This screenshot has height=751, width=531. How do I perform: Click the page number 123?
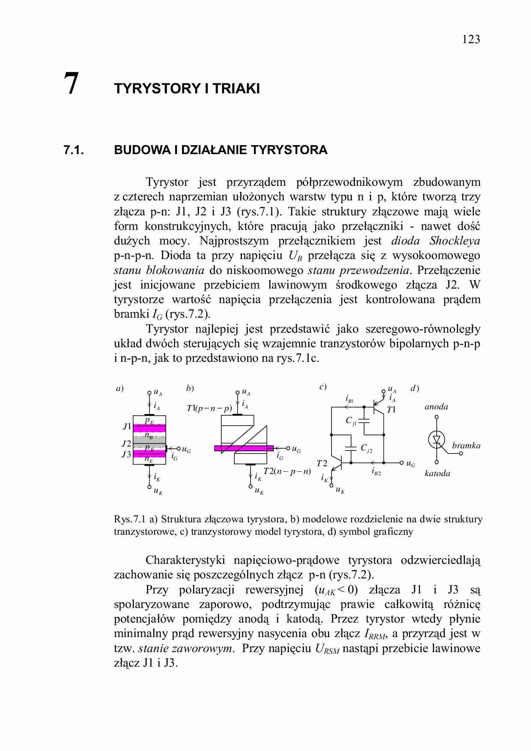471,40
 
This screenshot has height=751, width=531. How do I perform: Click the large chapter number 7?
71,84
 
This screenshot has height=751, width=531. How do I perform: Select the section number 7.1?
73,150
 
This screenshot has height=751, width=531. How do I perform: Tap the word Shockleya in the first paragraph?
454,241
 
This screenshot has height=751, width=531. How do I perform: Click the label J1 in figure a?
127,426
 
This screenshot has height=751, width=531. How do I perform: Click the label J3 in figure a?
126,455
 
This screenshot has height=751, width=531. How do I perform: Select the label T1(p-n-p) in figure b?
209,408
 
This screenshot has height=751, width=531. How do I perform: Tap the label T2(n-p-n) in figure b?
286,471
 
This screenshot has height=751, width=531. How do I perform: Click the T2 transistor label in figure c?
322,464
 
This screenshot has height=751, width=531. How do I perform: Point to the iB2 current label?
376,472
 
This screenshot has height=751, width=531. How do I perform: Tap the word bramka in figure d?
466,446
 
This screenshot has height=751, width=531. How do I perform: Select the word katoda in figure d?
437,474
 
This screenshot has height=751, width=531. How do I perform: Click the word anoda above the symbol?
436,407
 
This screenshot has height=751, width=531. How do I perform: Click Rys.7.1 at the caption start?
130,519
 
